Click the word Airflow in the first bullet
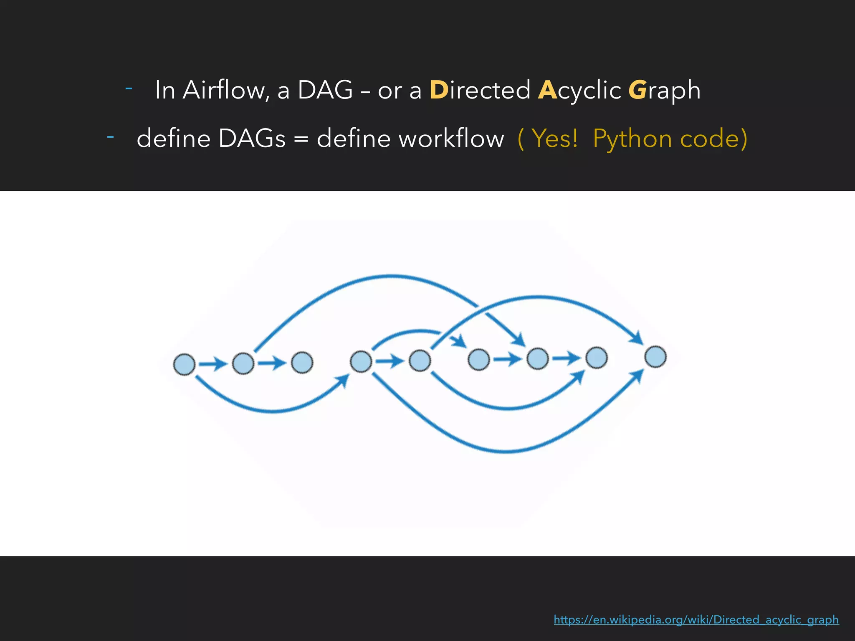tap(226, 90)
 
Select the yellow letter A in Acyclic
tap(547, 90)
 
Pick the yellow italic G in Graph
tap(637, 90)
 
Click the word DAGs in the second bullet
tap(252, 139)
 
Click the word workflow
tap(410, 139)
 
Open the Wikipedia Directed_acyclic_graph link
tap(696, 620)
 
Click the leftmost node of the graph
tap(184, 364)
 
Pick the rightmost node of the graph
tap(655, 357)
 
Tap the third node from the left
tap(302, 362)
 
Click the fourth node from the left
tap(361, 361)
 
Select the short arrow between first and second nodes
tap(213, 364)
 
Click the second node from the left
tap(243, 363)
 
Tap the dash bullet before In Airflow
tap(129, 88)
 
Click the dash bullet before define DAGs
tap(111, 136)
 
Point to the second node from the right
tap(597, 358)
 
